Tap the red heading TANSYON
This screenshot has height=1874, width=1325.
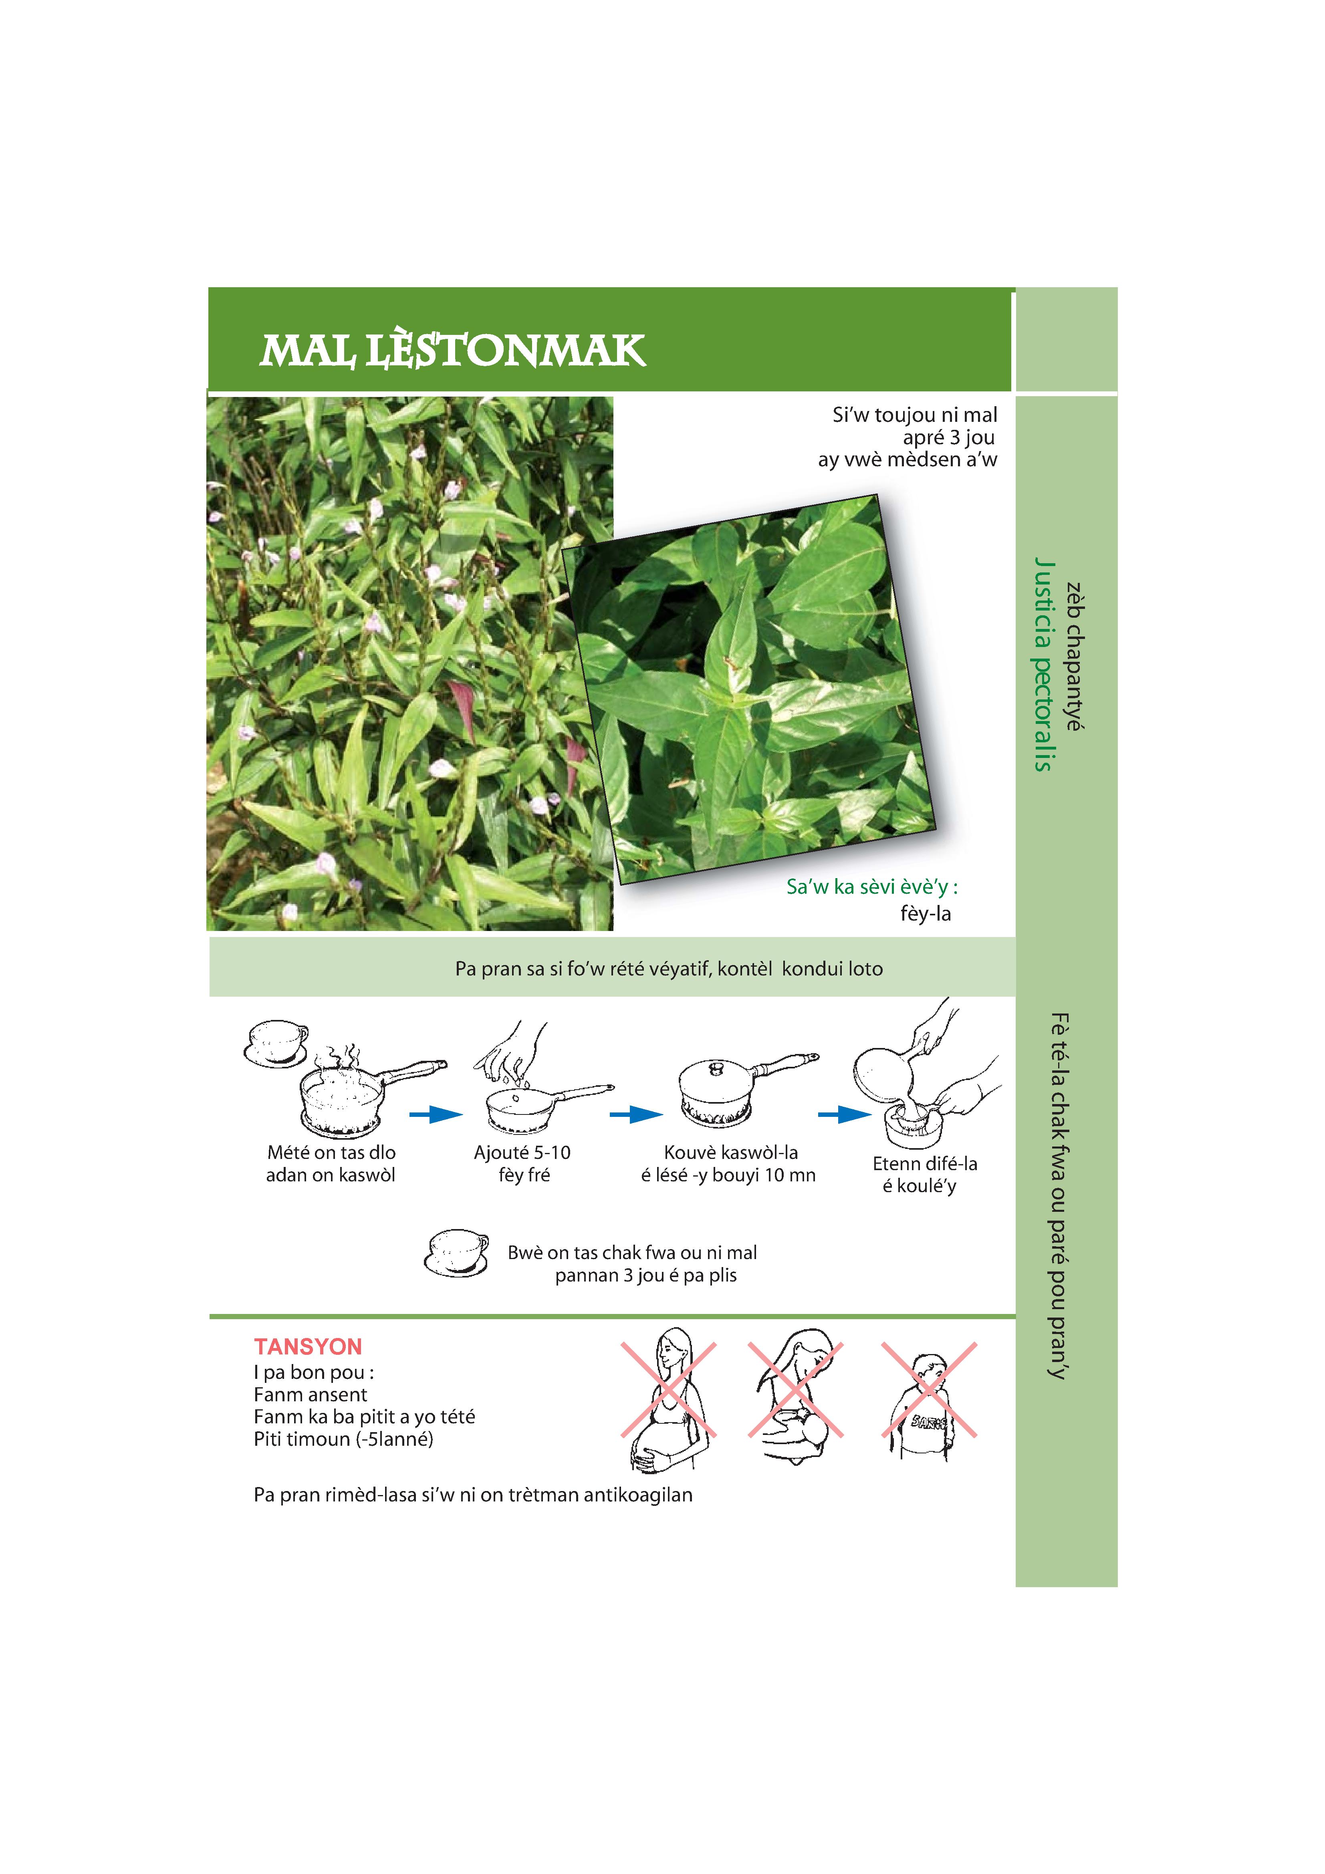pyautogui.click(x=308, y=1347)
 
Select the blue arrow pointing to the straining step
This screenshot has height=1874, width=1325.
pyautogui.click(x=845, y=1114)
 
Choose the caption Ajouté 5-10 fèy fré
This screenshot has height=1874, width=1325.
pyautogui.click(x=522, y=1164)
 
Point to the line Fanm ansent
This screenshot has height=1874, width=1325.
pyautogui.click(x=310, y=1395)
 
